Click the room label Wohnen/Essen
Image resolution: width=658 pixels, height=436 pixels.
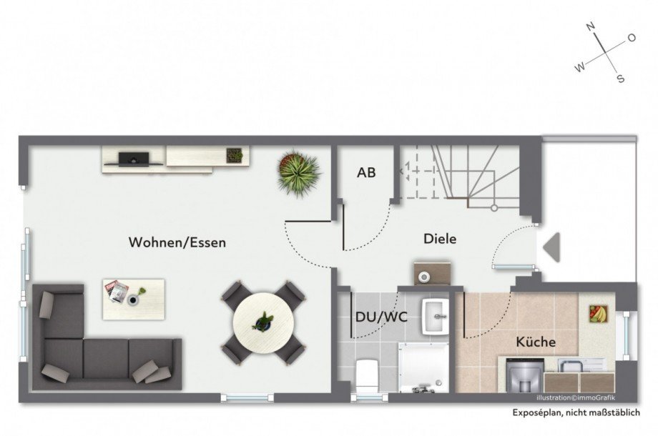coord(177,242)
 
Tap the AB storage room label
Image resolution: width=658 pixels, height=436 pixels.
coord(366,172)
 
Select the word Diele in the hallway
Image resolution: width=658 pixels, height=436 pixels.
coord(440,239)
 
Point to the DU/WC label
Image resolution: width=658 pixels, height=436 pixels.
coord(381,317)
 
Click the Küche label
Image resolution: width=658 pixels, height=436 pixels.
coord(536,342)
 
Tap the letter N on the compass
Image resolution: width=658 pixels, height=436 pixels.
coord(591,27)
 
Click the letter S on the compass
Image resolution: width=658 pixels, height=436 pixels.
coord(620,78)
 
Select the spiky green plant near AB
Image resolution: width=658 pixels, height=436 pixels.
coord(299,172)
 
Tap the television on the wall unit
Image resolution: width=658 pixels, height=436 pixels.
coord(134,159)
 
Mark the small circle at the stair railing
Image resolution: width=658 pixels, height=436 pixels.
coord(494,208)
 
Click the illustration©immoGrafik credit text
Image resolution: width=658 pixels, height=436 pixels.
coord(576,398)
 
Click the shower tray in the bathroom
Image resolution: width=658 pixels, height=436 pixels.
coord(423,367)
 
